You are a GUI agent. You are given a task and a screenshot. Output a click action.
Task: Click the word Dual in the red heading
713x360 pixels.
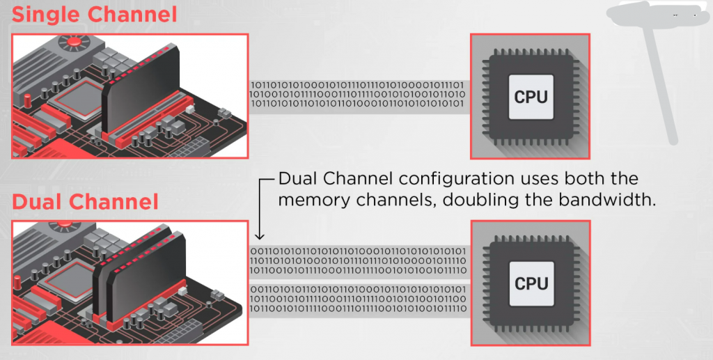tap(39, 201)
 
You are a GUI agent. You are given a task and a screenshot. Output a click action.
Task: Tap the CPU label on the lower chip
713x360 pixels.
tap(531, 283)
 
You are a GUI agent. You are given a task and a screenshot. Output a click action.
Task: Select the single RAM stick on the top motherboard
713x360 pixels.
tap(139, 91)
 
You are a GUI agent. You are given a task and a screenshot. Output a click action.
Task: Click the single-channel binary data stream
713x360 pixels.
tap(356, 94)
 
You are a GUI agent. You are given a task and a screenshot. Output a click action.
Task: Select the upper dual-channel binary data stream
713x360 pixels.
tap(356, 260)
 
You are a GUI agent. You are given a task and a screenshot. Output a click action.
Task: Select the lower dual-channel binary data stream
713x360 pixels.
tap(356, 298)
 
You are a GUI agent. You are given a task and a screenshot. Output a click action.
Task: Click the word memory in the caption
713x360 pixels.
tap(314, 200)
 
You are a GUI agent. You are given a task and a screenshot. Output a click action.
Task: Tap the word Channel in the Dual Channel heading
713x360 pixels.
tap(116, 201)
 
